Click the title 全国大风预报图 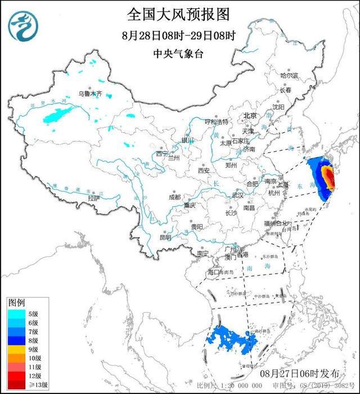(178, 13)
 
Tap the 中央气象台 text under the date (178, 55)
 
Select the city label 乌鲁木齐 (91, 94)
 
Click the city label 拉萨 (94, 198)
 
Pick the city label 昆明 (165, 237)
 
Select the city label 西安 (203, 170)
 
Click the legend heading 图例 (16, 303)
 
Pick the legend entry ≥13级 (22, 385)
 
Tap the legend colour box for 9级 (15, 349)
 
